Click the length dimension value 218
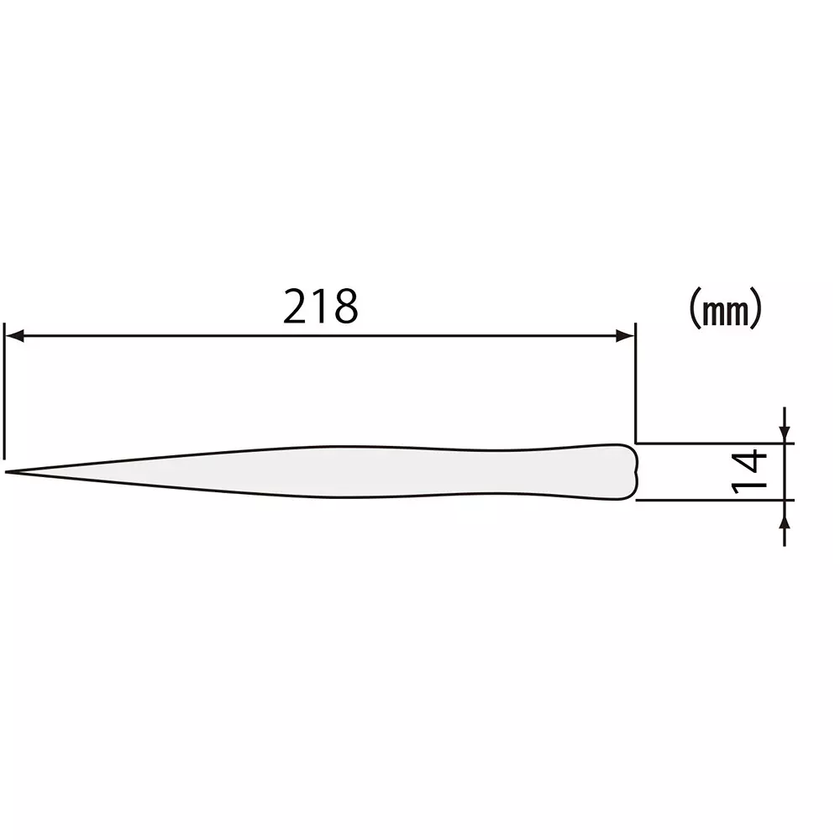click(x=321, y=307)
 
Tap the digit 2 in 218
click(x=296, y=307)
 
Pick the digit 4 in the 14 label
click(x=750, y=459)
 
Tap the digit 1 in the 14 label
click(x=750, y=485)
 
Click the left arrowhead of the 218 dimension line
click(x=13, y=336)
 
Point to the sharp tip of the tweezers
click(x=7, y=472)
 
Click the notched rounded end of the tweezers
click(x=633, y=471)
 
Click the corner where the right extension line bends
click(x=635, y=442)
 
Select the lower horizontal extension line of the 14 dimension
click(x=714, y=500)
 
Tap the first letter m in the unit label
click(x=715, y=312)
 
